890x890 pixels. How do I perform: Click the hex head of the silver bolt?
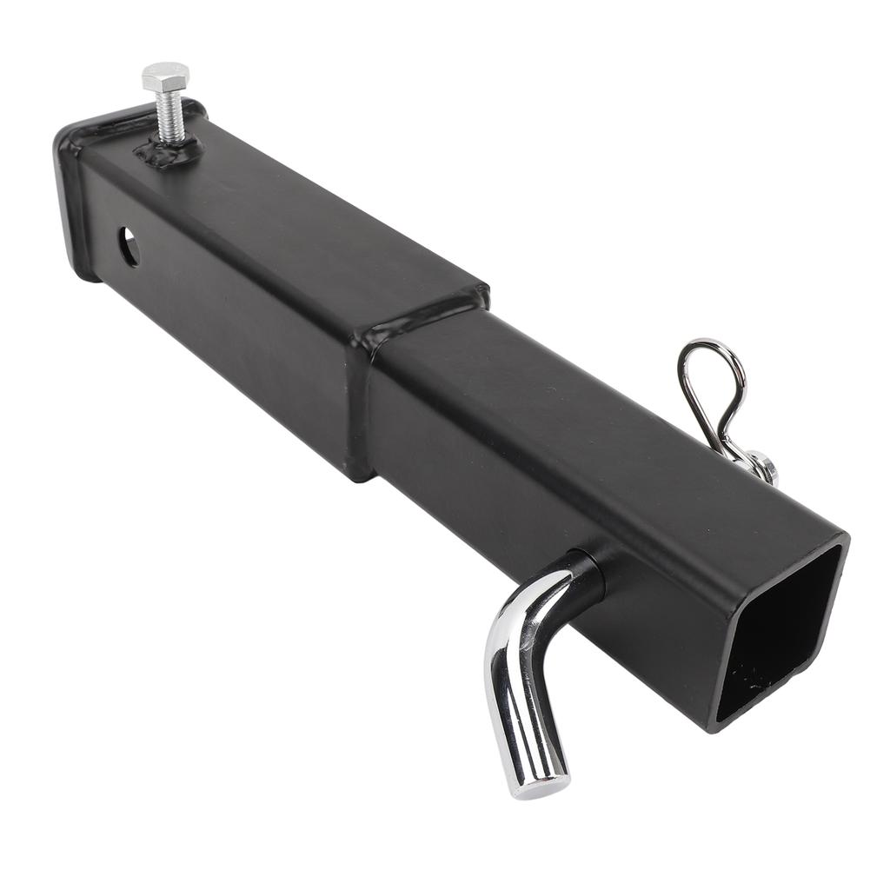(164, 76)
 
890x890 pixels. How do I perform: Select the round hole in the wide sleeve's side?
(129, 247)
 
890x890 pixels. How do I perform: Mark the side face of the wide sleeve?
(235, 339)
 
